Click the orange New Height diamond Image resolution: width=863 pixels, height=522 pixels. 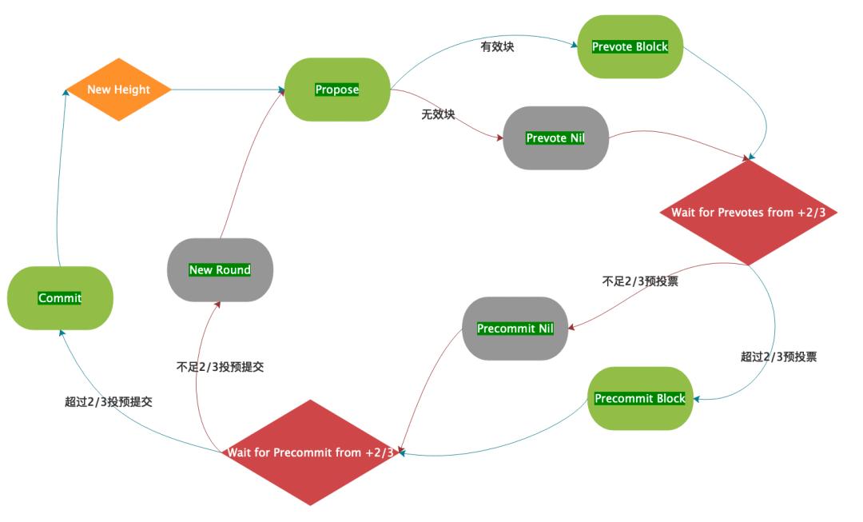(x=118, y=90)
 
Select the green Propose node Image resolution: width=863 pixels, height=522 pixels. (x=336, y=90)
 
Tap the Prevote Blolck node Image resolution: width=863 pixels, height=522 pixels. (x=630, y=46)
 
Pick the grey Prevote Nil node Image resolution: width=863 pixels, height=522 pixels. (x=555, y=137)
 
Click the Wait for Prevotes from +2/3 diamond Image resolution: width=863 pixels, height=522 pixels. (x=748, y=213)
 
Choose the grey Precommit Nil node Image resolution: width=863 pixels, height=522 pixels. (x=515, y=329)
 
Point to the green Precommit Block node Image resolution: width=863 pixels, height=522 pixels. (x=640, y=398)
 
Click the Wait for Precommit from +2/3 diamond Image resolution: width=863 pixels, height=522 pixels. (x=310, y=452)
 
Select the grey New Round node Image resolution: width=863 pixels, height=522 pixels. (x=220, y=270)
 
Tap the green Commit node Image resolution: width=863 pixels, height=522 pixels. (x=60, y=298)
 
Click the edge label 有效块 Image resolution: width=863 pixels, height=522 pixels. (x=496, y=47)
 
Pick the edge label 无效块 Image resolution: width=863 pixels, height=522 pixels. (x=438, y=114)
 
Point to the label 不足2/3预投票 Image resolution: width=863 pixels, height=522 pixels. (x=640, y=281)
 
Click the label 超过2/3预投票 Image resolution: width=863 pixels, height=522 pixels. (x=778, y=357)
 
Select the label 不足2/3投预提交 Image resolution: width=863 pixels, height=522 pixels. (x=220, y=368)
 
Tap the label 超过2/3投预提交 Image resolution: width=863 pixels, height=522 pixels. (x=109, y=402)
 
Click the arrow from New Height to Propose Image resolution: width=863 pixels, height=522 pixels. (x=229, y=90)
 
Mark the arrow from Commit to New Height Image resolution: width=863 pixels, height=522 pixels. (x=58, y=176)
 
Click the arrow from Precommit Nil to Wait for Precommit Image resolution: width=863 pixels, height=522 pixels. (x=431, y=392)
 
